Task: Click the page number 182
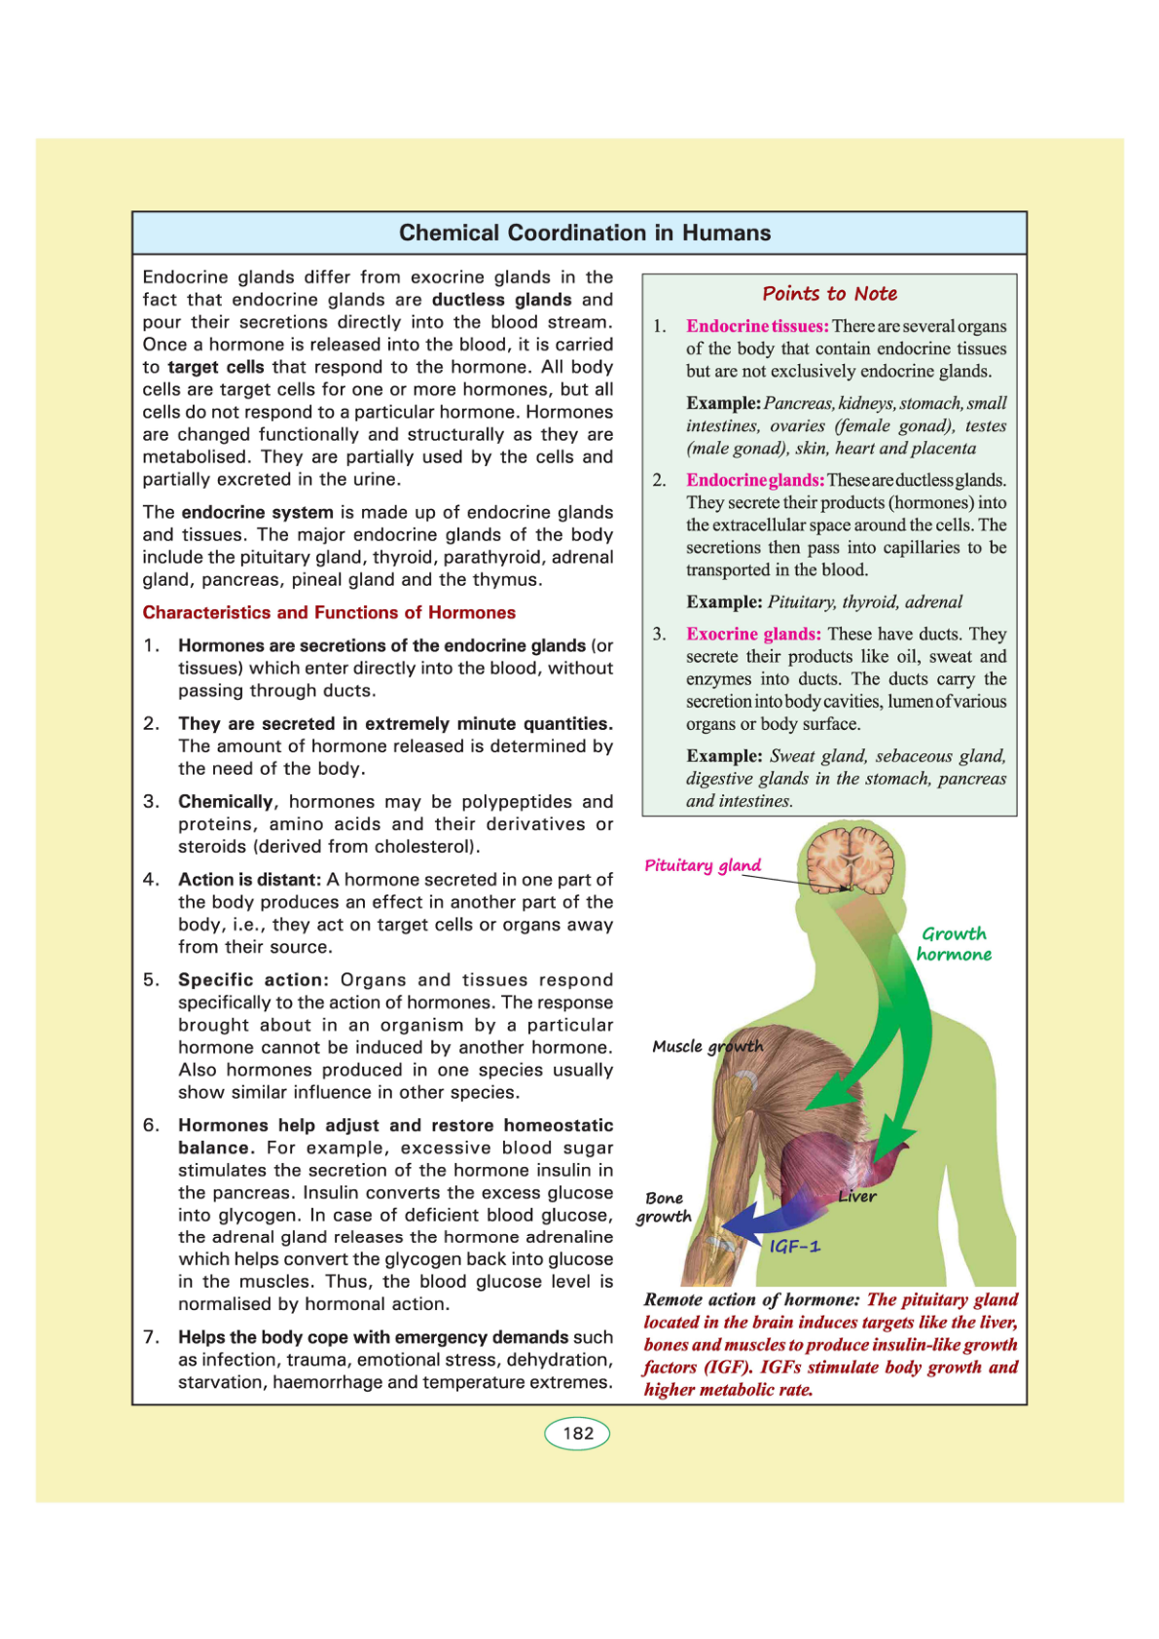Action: click(x=577, y=1433)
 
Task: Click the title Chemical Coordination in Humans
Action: click(x=585, y=234)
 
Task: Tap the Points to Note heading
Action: click(x=829, y=294)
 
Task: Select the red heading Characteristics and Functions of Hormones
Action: click(x=329, y=612)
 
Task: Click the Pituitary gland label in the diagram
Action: click(x=703, y=865)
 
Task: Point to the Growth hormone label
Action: click(x=954, y=944)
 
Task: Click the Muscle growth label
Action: click(x=707, y=1046)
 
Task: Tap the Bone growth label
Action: click(x=664, y=1207)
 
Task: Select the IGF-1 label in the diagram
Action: click(x=794, y=1246)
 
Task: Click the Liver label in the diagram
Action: click(x=857, y=1196)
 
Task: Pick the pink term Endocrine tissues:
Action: click(x=757, y=326)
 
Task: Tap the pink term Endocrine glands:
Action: click(x=755, y=480)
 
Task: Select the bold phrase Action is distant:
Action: click(x=249, y=879)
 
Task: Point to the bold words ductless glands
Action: click(x=502, y=300)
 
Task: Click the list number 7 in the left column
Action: click(x=151, y=1336)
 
